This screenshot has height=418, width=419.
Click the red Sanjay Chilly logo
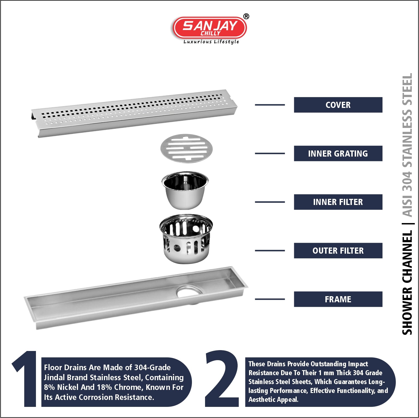209,28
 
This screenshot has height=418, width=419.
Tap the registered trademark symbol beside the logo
246,16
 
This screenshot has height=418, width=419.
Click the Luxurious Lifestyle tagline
211,42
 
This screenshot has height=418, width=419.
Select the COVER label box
338,105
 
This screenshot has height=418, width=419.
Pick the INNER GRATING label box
338,154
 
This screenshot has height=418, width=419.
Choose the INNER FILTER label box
338,202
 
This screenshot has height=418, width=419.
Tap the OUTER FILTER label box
338,251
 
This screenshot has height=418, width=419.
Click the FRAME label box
338,299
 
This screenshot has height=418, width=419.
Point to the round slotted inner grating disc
186,148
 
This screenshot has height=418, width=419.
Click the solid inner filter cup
185,190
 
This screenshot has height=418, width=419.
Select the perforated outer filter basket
186,239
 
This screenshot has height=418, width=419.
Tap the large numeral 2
222,379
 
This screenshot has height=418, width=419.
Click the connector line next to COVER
270,105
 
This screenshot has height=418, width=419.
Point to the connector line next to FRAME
270,299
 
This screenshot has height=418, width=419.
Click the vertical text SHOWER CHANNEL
407,283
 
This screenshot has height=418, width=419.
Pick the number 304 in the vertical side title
407,181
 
